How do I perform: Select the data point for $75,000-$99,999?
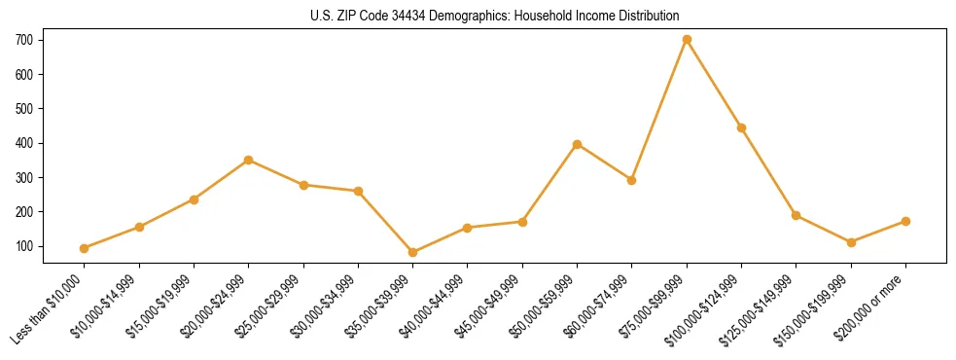pos(687,40)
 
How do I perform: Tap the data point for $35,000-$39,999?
pos(413,253)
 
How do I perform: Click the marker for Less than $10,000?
pos(85,249)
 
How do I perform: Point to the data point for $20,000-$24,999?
pos(249,160)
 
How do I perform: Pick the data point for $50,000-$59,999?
pos(578,144)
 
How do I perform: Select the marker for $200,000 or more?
pos(905,222)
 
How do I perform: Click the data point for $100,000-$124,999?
pos(741,128)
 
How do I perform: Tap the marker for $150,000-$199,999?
pos(851,242)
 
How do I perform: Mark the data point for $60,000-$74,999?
pos(632,180)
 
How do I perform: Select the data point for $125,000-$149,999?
pos(797,215)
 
